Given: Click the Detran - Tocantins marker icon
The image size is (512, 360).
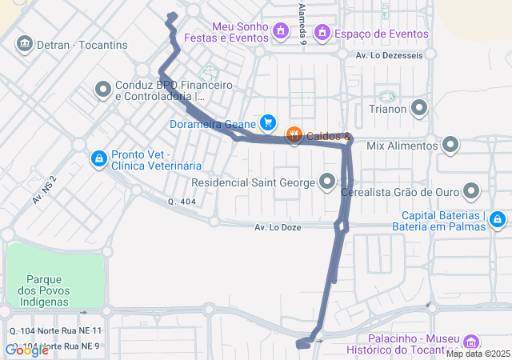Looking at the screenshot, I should point(24,42).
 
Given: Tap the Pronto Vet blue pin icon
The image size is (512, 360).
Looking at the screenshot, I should point(98,158).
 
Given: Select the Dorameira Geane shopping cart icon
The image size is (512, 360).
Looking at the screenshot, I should point(269,123).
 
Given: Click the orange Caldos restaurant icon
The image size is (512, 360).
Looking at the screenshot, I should point(294,135).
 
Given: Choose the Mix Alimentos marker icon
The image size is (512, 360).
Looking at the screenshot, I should point(450,146).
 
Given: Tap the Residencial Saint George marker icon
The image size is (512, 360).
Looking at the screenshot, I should point(327,182).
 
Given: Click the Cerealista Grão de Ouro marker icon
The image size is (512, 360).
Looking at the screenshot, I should point(470,191).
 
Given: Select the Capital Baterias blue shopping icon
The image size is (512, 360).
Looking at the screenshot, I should point(497,218).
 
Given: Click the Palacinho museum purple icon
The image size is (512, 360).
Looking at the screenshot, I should point(471,340).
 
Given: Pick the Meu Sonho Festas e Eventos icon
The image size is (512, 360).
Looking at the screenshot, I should point(280,31).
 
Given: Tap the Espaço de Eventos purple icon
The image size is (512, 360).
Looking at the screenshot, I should point(322,33).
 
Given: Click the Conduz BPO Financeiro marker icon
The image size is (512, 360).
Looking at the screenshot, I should point(102,90).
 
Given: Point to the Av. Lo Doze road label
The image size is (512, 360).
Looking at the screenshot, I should point(278,227).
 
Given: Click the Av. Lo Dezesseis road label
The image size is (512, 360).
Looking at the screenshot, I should point(389,55).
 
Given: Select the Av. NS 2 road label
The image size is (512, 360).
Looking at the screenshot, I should point(45,190).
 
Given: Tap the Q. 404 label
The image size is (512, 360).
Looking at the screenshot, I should point(182,202).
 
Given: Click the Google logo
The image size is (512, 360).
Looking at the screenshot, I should point(26,350).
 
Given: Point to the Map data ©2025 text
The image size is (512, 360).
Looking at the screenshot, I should point(478,354).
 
